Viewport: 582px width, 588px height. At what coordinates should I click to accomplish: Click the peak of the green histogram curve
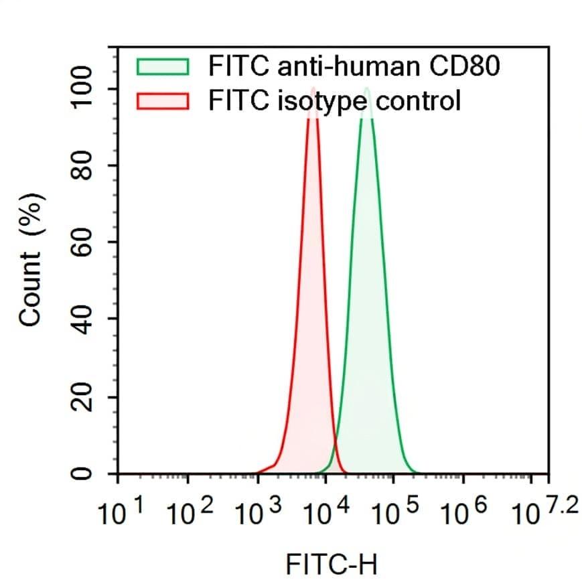tap(366, 88)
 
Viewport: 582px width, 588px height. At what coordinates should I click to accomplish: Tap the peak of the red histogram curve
tap(313, 88)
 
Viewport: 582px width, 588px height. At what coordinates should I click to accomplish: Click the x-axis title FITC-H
tap(332, 564)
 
